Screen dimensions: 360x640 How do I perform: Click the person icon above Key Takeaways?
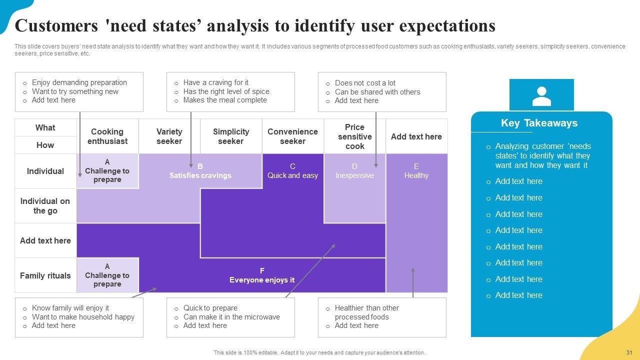point(541,96)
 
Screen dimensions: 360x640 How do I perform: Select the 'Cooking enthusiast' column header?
point(107,136)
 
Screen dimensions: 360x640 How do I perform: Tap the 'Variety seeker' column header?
point(169,136)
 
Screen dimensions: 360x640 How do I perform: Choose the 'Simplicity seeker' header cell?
point(230,136)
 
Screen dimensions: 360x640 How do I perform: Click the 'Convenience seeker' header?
point(292,136)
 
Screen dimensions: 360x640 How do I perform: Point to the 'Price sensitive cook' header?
point(354,136)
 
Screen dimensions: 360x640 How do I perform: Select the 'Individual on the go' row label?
point(45,206)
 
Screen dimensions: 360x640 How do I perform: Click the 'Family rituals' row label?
point(45,275)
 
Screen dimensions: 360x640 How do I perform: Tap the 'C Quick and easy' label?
point(292,171)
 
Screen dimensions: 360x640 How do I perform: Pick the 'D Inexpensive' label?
point(354,171)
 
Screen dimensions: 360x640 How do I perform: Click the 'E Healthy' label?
point(416,171)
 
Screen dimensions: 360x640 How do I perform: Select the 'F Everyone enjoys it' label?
point(262,275)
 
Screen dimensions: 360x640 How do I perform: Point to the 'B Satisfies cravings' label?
point(200,171)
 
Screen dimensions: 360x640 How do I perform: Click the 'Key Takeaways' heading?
point(539,123)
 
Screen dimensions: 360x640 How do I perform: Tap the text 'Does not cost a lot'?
point(365,83)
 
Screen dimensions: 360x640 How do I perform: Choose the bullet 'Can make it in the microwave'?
point(231,317)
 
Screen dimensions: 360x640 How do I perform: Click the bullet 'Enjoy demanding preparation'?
point(79,82)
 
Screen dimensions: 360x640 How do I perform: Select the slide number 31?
point(629,352)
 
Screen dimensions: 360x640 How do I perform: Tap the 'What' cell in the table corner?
point(45,128)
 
